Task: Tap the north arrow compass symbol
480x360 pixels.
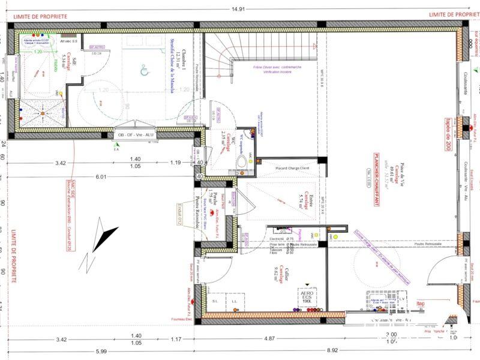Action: point(100,241)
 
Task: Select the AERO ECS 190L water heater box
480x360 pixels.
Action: point(307,296)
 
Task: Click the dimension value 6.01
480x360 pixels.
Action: point(100,177)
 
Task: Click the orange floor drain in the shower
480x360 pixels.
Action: point(43,113)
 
